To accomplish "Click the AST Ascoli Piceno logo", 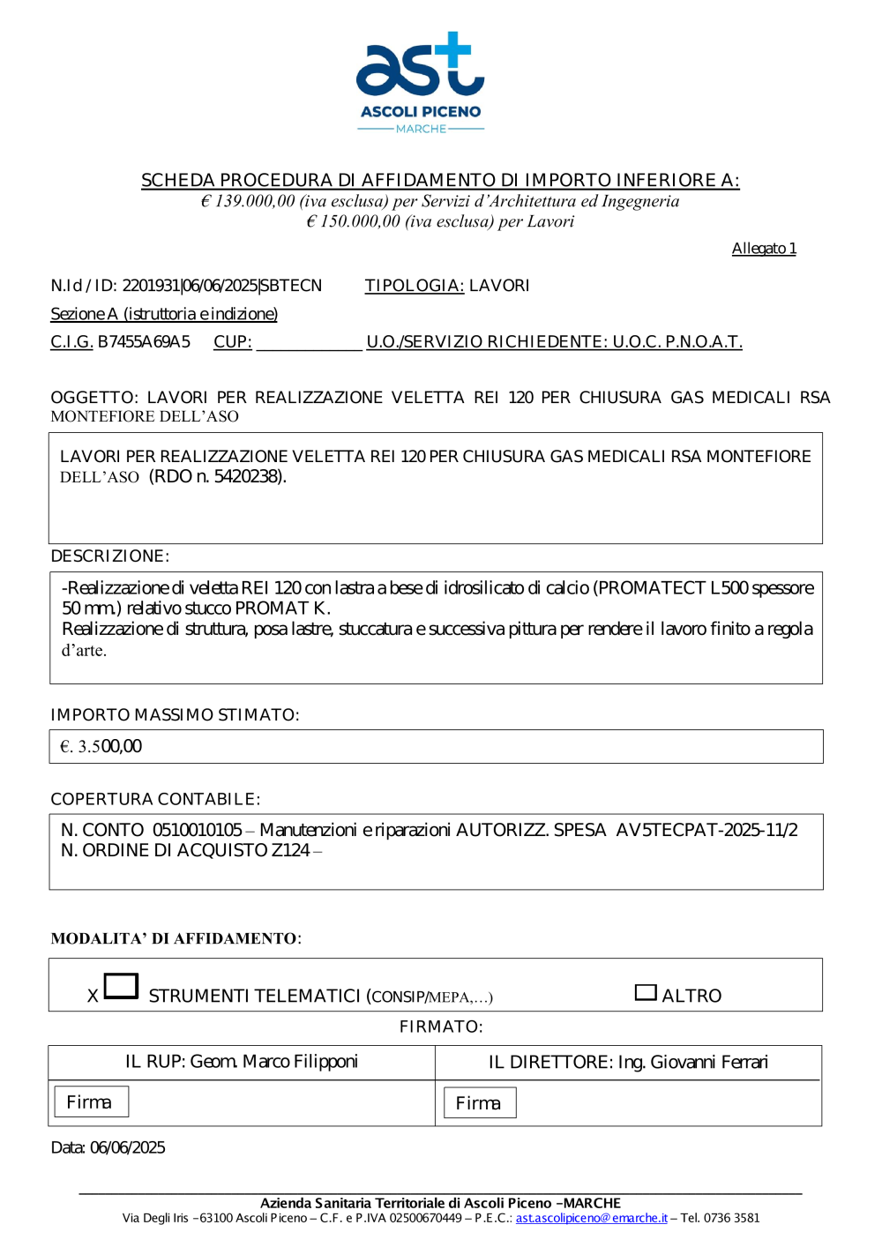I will click(x=421, y=82).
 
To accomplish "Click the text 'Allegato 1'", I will click(x=764, y=249).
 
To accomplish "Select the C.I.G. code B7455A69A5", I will click(x=144, y=342).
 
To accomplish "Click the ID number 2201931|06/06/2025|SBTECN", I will click(x=222, y=286).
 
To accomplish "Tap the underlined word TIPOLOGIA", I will click(x=414, y=286).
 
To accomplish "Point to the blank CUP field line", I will click(x=309, y=343).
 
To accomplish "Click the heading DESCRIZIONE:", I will click(x=110, y=556).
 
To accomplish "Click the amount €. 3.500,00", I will click(x=101, y=747).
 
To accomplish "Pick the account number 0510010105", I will click(x=197, y=831).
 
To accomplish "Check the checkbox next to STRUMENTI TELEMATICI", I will click(x=122, y=986).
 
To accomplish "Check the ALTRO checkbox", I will click(x=646, y=993).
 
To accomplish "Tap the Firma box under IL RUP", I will click(x=91, y=1102).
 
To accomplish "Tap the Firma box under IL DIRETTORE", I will click(x=479, y=1103).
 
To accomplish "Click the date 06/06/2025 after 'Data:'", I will click(x=128, y=1148).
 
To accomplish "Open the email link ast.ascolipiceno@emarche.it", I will click(x=591, y=1219).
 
